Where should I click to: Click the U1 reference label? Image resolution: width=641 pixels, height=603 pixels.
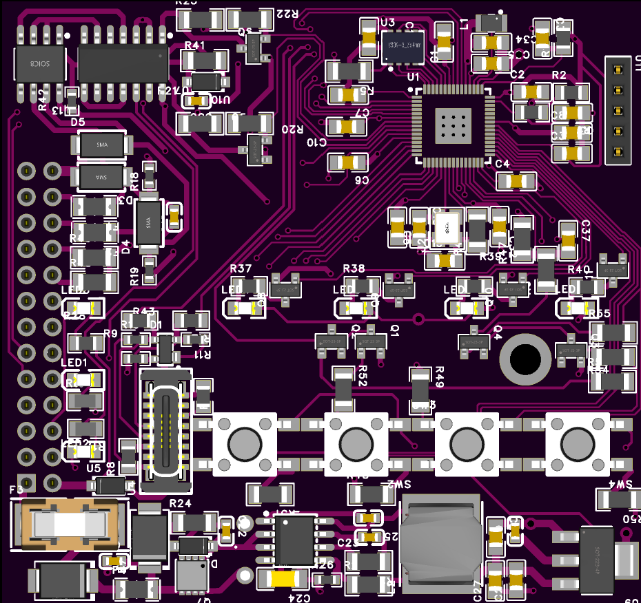point(414,76)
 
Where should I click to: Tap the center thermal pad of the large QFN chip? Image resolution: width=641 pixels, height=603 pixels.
point(454,126)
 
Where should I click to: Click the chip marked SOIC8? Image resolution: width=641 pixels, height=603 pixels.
point(40,63)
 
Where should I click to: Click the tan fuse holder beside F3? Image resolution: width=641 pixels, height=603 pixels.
point(69,525)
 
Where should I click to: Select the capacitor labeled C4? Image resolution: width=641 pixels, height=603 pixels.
point(516,181)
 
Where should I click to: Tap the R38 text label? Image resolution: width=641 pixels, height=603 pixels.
point(354,268)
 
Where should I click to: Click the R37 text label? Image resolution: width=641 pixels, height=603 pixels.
point(241,268)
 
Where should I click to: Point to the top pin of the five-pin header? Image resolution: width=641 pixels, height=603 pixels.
point(618,70)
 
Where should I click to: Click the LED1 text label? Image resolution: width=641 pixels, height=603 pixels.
point(74,363)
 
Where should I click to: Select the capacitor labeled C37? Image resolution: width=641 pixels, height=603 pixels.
point(568,237)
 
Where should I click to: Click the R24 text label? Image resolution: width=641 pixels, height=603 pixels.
point(180,503)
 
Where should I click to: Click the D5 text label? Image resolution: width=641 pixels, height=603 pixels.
point(77,122)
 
